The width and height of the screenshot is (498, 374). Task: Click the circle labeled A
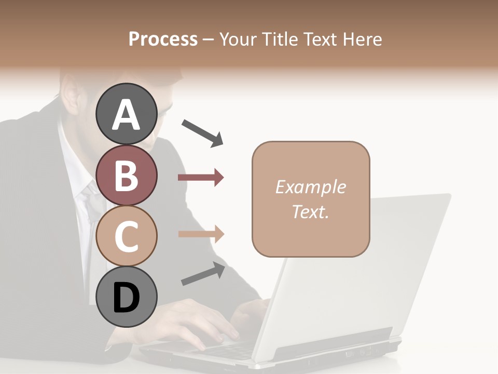pos(126,114)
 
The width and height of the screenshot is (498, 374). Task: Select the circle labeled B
pos(126,175)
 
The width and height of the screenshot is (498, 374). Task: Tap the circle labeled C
pos(126,236)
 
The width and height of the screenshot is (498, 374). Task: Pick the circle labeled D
pos(126,297)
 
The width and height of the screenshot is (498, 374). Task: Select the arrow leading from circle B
pos(201,178)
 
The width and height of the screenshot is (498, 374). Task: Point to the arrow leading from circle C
pos(201,234)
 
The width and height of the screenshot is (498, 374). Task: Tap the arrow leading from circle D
pos(203,274)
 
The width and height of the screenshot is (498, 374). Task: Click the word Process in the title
pos(163,39)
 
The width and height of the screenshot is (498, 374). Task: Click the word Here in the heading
pos(362,39)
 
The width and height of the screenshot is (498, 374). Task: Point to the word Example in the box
pos(310,187)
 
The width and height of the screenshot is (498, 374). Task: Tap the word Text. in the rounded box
pos(310,211)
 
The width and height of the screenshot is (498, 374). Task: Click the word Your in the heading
pos(238,39)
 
